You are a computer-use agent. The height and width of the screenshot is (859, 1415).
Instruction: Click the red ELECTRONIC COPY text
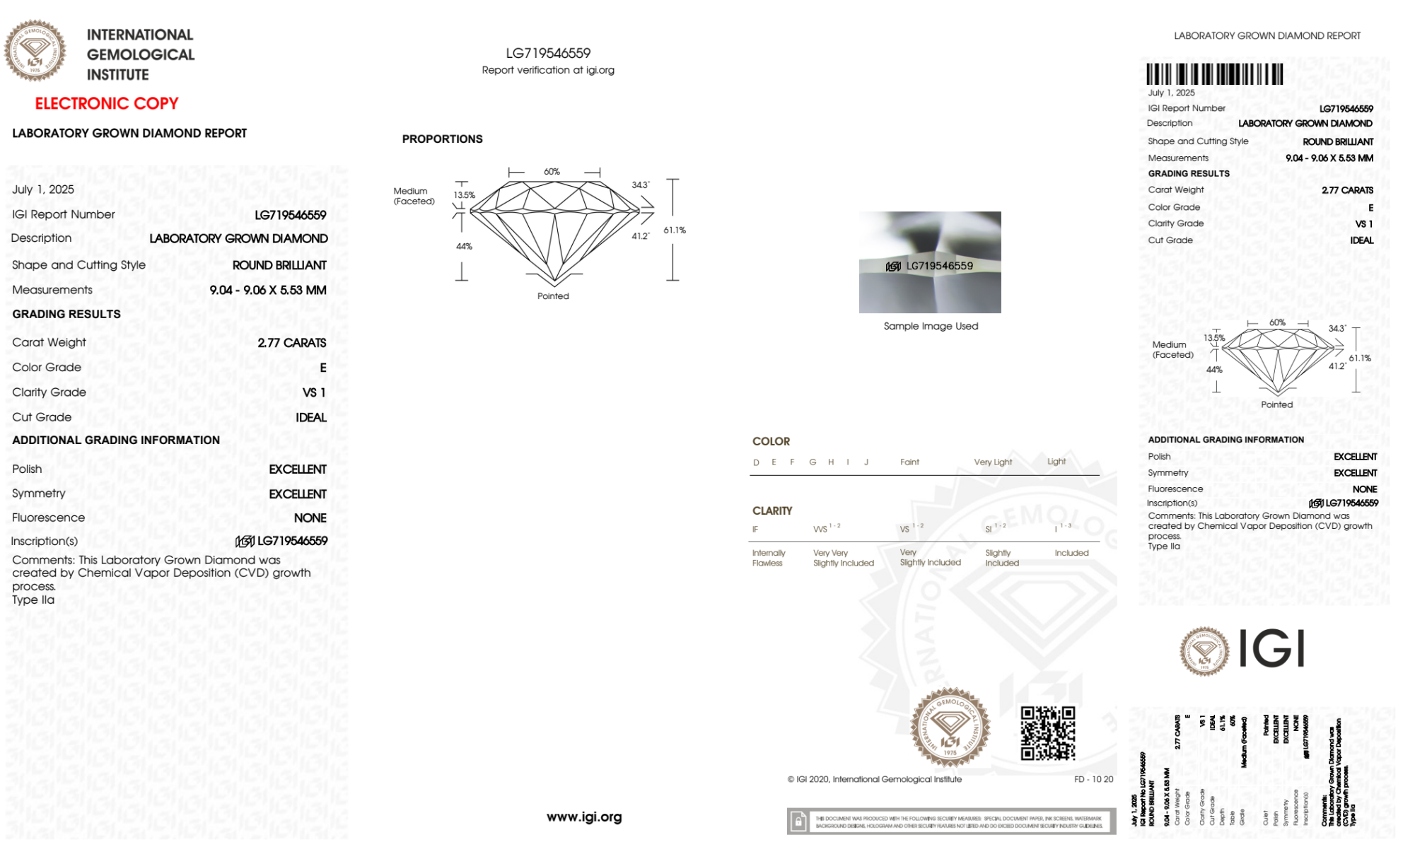tap(107, 103)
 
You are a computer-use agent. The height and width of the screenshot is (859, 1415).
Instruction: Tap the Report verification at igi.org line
tap(548, 70)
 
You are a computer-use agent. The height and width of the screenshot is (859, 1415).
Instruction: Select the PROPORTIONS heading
tap(442, 139)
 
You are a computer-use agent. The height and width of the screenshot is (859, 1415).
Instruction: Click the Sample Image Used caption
tap(931, 326)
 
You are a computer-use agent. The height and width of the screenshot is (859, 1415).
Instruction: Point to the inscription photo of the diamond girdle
tap(930, 262)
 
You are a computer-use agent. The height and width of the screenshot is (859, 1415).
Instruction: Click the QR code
tap(1047, 733)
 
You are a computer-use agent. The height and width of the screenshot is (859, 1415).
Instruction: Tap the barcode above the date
tap(1214, 74)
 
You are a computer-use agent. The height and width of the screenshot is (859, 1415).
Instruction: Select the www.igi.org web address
tap(584, 817)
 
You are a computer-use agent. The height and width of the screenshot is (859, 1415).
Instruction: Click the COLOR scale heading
tap(771, 441)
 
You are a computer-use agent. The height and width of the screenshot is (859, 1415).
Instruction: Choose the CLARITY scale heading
tap(772, 510)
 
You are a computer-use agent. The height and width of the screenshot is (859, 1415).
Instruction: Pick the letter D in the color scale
tap(756, 462)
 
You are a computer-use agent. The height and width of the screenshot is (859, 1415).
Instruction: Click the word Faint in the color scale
tap(909, 462)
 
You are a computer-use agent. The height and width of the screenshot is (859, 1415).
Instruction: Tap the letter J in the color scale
tap(866, 462)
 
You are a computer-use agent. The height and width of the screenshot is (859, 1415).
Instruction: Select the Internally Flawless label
tap(768, 558)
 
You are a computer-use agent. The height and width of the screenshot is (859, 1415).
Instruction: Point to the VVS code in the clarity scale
tap(820, 529)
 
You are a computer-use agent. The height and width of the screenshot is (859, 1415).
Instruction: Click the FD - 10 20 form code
tap(1093, 779)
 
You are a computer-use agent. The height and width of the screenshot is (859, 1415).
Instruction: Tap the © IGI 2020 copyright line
tap(875, 779)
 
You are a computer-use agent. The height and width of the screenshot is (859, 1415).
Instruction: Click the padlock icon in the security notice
tap(798, 822)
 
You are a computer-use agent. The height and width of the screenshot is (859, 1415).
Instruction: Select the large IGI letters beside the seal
tap(1271, 649)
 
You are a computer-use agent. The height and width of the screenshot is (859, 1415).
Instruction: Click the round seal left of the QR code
tap(950, 727)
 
